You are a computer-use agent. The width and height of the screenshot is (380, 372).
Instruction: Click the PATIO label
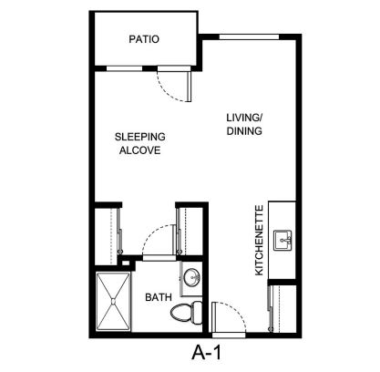click(x=144, y=39)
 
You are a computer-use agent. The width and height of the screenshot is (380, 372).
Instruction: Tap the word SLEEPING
click(x=140, y=137)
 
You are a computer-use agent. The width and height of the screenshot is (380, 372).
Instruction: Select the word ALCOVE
click(x=139, y=150)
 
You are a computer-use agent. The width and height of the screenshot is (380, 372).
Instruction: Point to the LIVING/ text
click(x=244, y=118)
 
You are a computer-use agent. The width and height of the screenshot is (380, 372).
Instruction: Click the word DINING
click(x=244, y=130)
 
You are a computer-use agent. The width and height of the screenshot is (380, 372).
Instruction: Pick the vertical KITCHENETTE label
click(x=259, y=241)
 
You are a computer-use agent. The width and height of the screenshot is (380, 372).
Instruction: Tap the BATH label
click(x=159, y=297)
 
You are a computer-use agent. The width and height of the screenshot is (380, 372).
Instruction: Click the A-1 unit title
click(x=207, y=353)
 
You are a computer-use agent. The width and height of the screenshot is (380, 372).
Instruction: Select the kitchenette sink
click(x=282, y=240)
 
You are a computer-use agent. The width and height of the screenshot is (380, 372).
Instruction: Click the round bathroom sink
click(x=192, y=277)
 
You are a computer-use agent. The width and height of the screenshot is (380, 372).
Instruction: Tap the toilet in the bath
click(x=187, y=312)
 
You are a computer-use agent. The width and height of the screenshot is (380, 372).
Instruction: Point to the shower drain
click(x=113, y=302)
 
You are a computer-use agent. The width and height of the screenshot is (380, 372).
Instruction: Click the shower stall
click(x=113, y=301)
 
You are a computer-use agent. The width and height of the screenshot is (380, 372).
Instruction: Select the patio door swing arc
click(x=166, y=94)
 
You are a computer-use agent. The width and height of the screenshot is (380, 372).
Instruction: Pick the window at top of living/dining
click(x=249, y=37)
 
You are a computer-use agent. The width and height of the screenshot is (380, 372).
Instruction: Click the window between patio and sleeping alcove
click(x=125, y=68)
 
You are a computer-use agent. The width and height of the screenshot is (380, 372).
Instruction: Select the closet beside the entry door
click(x=282, y=308)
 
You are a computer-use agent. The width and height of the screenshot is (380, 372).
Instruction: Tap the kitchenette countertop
click(x=282, y=240)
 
